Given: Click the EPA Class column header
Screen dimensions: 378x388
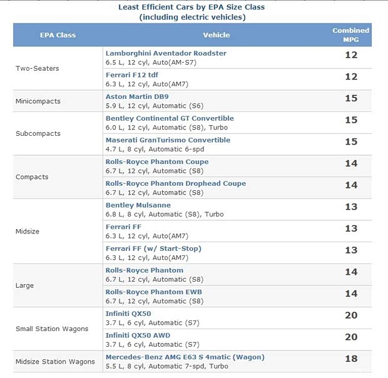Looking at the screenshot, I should point(58,35).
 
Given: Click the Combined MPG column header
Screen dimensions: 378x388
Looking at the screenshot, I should point(350,34).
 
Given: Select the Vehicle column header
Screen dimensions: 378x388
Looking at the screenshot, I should point(216,35).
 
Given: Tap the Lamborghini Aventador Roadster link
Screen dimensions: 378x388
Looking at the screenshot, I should point(166,53).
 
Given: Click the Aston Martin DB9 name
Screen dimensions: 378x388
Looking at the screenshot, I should point(136,97).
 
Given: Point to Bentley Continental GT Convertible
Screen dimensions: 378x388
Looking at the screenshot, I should point(170,118).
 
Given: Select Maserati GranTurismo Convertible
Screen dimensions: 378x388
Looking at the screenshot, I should point(168,140).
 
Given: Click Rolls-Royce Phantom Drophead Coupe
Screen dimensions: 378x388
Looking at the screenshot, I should point(175,183).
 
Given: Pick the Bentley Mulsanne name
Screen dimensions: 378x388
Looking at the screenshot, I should point(138,205).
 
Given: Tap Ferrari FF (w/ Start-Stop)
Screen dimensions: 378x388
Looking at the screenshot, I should point(153,248).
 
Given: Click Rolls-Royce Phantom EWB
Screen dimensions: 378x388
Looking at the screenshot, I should point(153,292).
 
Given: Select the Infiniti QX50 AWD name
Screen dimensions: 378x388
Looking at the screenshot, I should point(138,335).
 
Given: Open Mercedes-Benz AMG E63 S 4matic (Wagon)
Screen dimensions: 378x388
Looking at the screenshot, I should point(185,357).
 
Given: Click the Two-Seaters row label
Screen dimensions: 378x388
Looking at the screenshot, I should point(37,68).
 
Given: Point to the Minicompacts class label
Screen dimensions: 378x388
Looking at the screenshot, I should point(38,101).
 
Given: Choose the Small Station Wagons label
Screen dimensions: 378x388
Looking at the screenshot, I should point(52,329).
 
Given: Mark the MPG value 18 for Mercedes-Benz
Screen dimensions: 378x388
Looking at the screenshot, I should point(351,359).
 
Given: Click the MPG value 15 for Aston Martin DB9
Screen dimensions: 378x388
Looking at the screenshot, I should point(351,98).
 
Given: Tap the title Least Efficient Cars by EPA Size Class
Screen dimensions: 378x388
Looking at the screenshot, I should point(191,8).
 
